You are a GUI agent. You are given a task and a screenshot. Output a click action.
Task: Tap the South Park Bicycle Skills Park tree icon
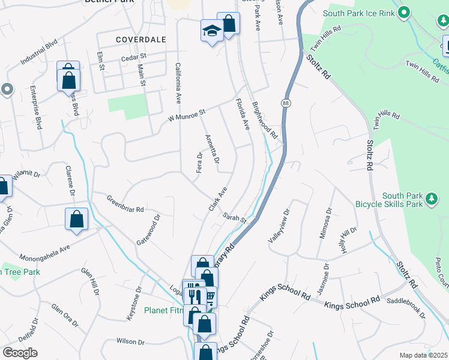coord(430,199)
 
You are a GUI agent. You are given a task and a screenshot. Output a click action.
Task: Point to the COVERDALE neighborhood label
coord(140,39)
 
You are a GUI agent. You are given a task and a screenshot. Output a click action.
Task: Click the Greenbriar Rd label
coord(125,205)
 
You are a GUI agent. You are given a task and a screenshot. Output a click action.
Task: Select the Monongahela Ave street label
coord(53,250)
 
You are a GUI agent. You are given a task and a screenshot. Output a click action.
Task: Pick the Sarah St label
coord(234,217)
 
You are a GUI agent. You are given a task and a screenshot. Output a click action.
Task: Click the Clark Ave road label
coord(218,199)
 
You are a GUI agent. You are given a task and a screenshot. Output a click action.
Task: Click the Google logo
coord(20,353)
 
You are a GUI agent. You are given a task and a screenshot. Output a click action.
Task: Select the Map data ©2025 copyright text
coord(423,355)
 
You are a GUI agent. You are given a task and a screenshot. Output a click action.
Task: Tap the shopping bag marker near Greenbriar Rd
coord(77,220)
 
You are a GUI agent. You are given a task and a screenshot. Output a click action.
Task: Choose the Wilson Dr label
coord(131,341)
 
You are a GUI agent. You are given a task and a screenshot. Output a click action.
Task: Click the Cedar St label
coord(134,57)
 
